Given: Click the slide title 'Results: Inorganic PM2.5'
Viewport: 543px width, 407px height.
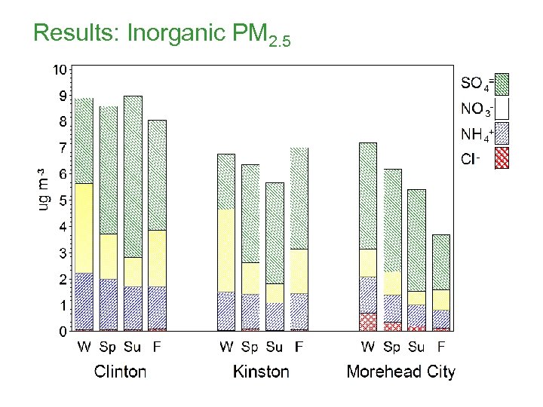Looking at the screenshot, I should coord(161,35).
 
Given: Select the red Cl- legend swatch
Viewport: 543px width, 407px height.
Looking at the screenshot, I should coord(502,158).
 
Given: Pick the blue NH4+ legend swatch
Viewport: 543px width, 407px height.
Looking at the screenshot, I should coord(502,134).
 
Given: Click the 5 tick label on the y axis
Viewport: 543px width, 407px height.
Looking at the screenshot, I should coord(61,200).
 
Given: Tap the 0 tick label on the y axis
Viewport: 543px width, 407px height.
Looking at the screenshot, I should coord(61,332).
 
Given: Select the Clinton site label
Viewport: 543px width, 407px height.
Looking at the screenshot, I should coord(120,372).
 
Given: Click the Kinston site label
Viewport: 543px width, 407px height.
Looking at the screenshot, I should coord(261,372).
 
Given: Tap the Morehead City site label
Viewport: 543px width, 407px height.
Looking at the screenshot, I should coord(401,372).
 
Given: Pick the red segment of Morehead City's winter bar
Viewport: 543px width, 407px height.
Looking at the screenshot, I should coord(368,322).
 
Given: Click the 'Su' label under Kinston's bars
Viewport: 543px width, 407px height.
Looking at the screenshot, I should coord(275,347).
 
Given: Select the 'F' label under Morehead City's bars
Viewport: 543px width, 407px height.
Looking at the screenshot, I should coord(441,347).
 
